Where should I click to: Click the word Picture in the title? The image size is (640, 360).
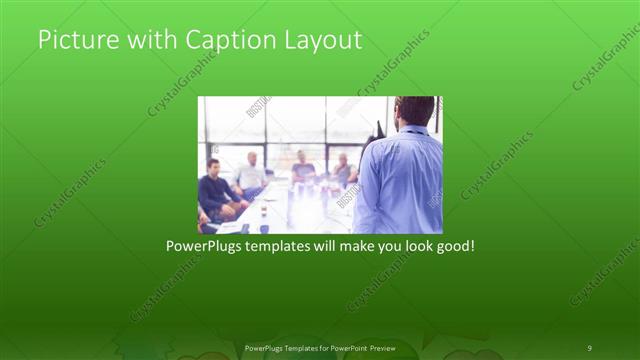pos(72,40)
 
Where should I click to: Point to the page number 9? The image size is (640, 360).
pos(589,347)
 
